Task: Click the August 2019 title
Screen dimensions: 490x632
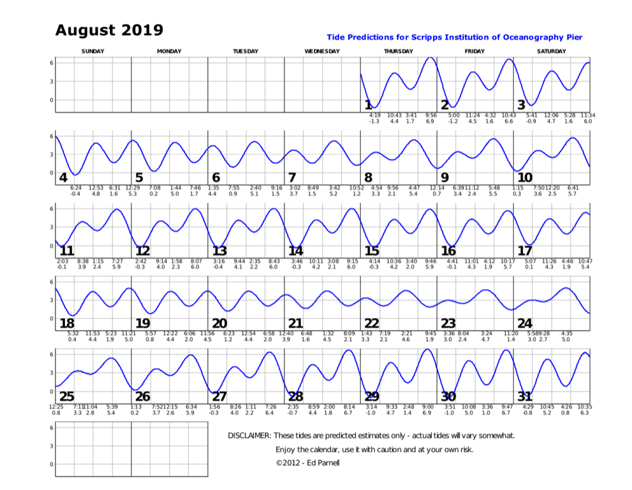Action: (109, 30)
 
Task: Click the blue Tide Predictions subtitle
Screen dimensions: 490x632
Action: (454, 38)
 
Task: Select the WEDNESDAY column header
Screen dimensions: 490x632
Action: (322, 51)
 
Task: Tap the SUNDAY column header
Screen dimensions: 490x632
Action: (93, 51)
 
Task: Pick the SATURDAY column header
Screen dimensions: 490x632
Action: (551, 51)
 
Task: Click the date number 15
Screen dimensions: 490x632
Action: (372, 251)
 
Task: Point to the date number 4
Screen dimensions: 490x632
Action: (63, 178)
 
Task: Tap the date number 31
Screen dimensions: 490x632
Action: (525, 396)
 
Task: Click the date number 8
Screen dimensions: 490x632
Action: (368, 178)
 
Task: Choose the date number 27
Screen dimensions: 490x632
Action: (219, 396)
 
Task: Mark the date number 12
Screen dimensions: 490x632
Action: (143, 251)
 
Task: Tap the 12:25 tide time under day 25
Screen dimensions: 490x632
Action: (56, 407)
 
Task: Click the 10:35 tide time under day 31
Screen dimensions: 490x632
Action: (584, 407)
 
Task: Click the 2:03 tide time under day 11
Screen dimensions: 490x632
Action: (62, 261)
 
